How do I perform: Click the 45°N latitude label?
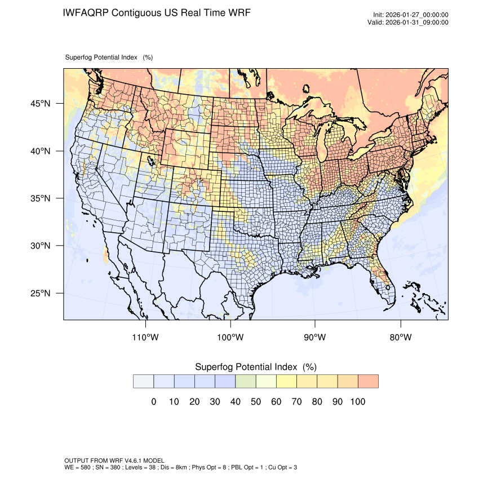coord(40,104)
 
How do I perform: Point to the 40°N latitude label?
coord(40,151)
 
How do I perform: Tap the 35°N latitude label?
coord(40,198)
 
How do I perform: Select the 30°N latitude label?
coord(40,246)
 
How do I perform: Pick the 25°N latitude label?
coord(40,293)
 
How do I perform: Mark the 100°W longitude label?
coord(230,338)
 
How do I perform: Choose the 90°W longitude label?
coord(315,338)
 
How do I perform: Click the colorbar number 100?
coord(358,402)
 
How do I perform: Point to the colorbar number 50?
coord(256,402)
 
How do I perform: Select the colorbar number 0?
coord(153,402)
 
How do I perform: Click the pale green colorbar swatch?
coord(246,381)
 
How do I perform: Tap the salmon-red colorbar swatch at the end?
coord(368,381)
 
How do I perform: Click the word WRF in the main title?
coord(237,13)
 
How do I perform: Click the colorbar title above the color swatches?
coord(255,367)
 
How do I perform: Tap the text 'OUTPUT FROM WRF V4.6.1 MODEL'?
coord(114,460)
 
